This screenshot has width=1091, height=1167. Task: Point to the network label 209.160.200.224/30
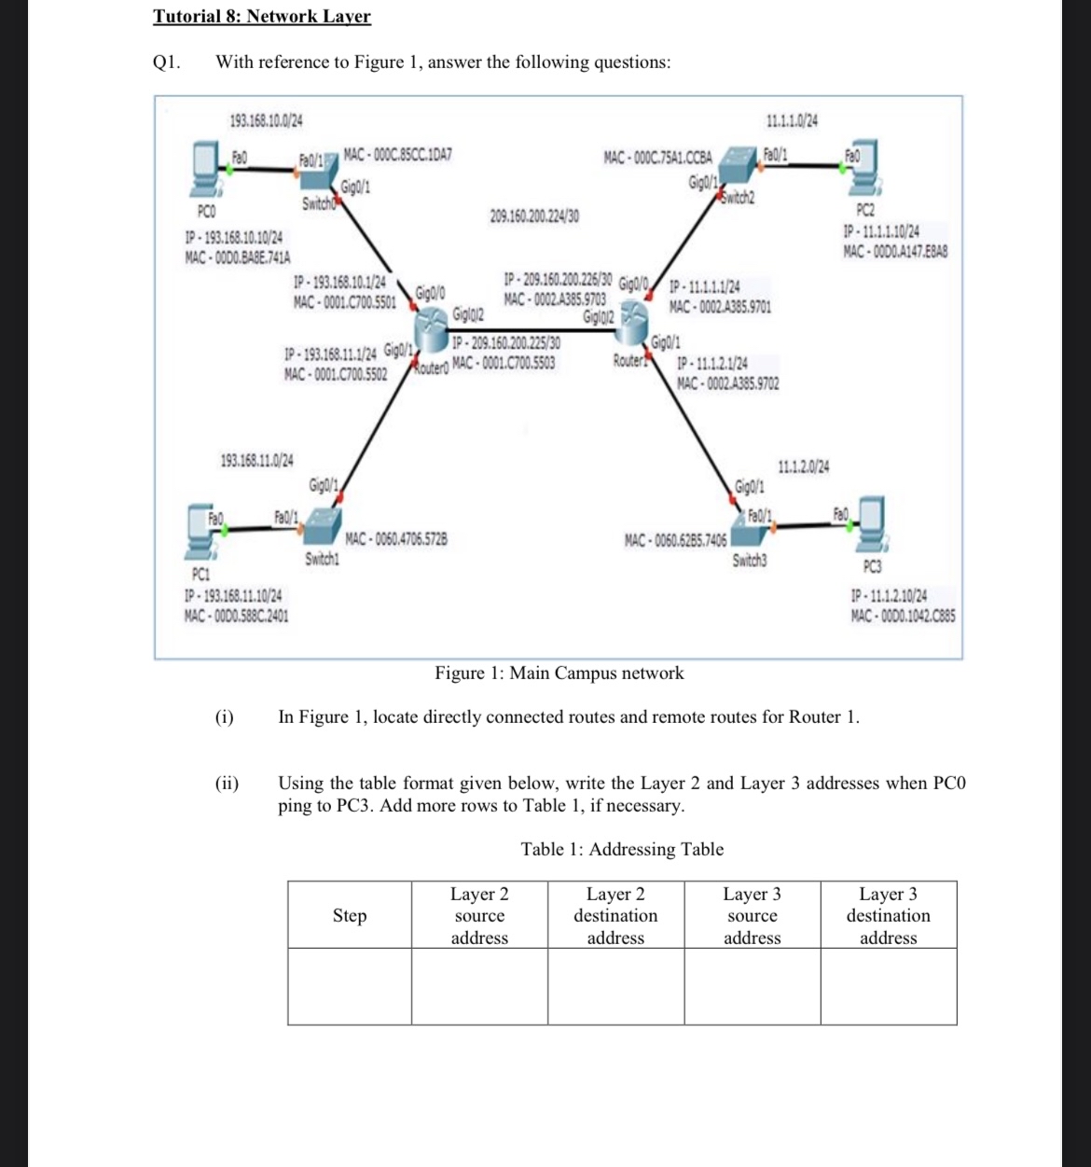pos(534,216)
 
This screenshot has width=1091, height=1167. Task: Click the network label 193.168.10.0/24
pos(266,120)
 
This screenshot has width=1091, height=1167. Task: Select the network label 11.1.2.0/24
pos(804,466)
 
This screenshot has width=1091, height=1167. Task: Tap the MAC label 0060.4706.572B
pos(396,539)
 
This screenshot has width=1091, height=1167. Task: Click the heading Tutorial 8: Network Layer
pos(262,17)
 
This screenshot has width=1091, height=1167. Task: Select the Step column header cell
pos(350,915)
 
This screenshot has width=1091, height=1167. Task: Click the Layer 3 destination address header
pos(888,915)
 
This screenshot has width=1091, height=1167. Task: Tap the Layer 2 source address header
pos(479,915)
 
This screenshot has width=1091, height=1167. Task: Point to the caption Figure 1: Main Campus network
pos(559,674)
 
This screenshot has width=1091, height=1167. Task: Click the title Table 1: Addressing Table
pos(622,849)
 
